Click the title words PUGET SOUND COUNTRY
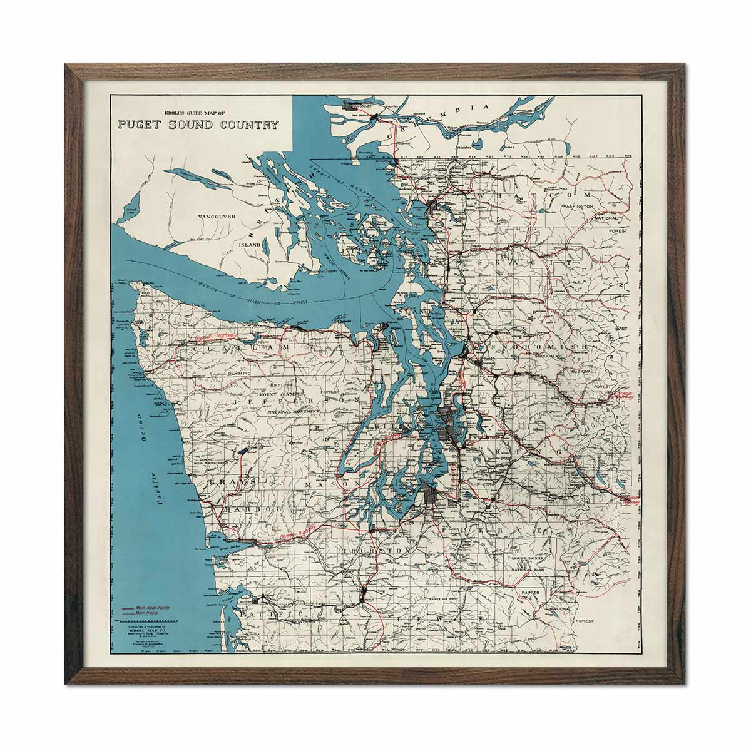pos(198,124)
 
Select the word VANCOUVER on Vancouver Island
pos(216,217)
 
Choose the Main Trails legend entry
pos(148,613)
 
